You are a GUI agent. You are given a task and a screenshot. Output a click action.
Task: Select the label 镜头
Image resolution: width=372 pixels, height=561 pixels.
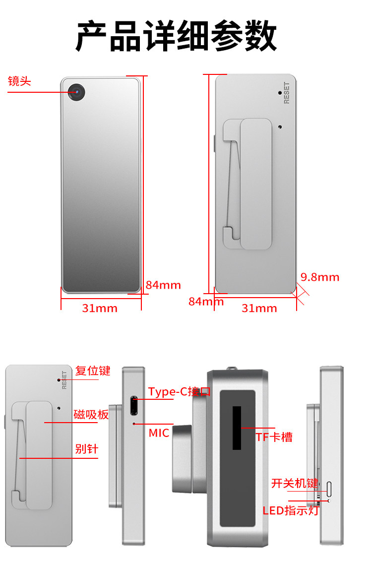[19, 81]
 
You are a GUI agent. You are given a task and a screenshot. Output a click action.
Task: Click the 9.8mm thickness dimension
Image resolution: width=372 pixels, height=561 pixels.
[320, 277]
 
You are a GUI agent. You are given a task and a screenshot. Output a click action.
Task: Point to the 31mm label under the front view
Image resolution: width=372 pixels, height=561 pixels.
[100, 308]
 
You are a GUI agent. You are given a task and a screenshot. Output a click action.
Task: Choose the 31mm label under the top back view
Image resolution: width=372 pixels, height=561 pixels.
[259, 308]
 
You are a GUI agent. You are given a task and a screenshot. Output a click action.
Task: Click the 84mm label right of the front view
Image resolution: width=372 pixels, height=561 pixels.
[163, 285]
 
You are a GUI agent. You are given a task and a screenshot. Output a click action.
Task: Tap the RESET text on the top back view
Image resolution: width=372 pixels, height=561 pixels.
[286, 93]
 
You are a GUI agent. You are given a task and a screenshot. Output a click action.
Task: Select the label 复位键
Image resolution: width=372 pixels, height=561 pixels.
[93, 371]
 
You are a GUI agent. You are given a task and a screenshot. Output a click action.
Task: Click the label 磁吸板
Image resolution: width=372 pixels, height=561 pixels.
[91, 415]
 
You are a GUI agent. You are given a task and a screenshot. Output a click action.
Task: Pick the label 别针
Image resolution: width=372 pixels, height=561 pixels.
[87, 449]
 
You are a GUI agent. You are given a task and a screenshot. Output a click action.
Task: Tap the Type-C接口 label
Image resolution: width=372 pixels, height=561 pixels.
[180, 392]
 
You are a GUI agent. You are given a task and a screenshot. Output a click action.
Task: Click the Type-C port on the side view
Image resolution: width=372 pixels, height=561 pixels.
[133, 406]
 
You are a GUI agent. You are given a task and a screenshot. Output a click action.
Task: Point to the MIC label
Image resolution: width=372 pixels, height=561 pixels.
[159, 433]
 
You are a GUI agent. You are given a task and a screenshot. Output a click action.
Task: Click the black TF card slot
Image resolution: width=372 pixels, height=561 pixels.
[237, 428]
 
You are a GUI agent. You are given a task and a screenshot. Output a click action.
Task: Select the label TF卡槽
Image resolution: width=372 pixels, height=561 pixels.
[274, 437]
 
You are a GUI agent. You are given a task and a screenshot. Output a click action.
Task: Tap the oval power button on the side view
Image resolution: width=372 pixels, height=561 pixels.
[329, 488]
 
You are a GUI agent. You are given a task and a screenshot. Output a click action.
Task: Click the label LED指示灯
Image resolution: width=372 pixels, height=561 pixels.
[291, 510]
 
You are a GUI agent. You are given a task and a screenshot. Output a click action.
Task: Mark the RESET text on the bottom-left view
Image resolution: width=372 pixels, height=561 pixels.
[63, 380]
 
